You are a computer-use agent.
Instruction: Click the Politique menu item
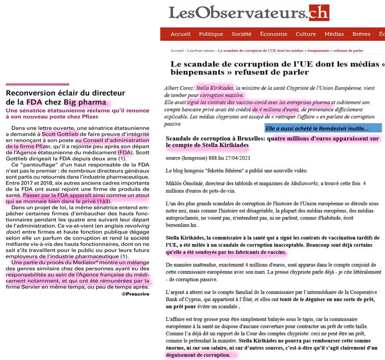pyautogui.click(x=211, y=34)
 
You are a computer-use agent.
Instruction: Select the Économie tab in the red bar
pyautogui.click(x=273, y=34)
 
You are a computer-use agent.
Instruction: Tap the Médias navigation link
pyautogui.click(x=334, y=34)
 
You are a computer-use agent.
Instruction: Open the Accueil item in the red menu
pyautogui.click(x=180, y=34)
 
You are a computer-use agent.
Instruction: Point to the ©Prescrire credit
pyautogui.click(x=135, y=294)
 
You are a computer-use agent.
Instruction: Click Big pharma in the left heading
pyautogui.click(x=85, y=102)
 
